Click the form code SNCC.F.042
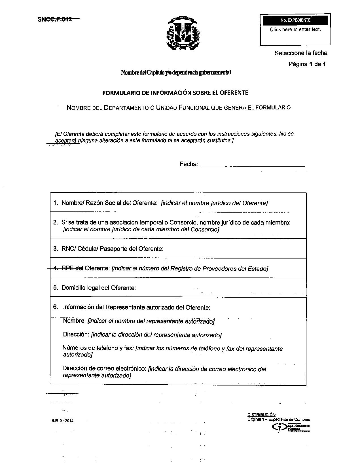(55, 19)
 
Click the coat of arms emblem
(183, 33)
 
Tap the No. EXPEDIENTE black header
(295, 20)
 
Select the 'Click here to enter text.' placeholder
(295, 29)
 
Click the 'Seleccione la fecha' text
(301, 53)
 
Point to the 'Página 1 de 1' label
(307, 64)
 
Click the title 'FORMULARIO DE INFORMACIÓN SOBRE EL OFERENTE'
(175, 93)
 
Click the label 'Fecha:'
(189, 164)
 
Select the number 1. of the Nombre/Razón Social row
(56, 203)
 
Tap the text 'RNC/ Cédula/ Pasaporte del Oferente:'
(112, 249)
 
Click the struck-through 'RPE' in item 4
(67, 268)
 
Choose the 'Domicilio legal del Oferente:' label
(99, 288)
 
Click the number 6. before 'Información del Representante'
(56, 307)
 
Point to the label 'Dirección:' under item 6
(76, 334)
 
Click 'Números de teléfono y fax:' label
(98, 348)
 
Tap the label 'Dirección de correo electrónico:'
(104, 369)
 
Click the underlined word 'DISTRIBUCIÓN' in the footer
(261, 415)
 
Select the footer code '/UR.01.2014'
(62, 421)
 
